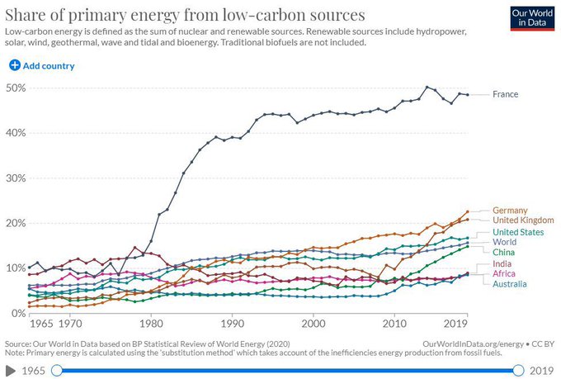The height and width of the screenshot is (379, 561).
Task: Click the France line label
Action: click(x=505, y=94)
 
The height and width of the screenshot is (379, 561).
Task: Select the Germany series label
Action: click(x=509, y=210)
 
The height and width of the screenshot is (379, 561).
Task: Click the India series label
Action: click(x=502, y=263)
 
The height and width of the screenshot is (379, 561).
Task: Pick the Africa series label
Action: click(x=504, y=273)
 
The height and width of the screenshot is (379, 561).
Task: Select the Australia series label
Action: click(x=509, y=284)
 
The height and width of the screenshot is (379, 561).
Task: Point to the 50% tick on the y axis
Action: click(x=15, y=88)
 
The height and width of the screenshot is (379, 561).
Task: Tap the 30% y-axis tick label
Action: click(x=15, y=178)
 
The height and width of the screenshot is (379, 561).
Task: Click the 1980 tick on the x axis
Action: click(x=149, y=326)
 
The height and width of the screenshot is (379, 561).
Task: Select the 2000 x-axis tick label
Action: click(x=312, y=326)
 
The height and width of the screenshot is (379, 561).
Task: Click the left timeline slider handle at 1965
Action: click(x=57, y=370)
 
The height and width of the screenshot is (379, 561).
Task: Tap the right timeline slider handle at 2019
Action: click(x=519, y=370)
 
